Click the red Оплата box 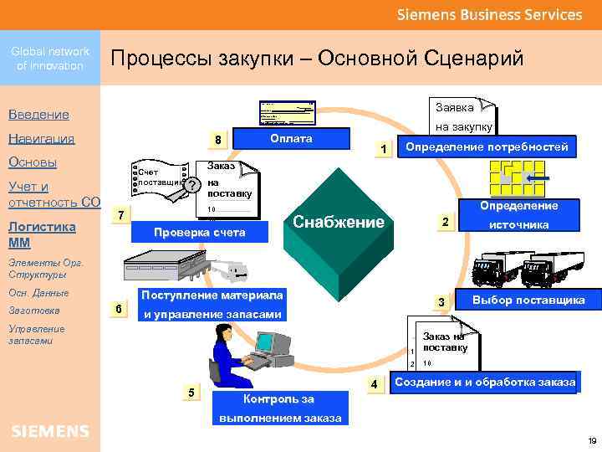point(291,138)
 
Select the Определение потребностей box point(487,147)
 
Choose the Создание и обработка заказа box point(485,382)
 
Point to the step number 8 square point(217,140)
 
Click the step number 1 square point(381,149)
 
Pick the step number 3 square point(441,300)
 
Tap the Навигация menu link point(41,138)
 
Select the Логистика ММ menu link point(41,234)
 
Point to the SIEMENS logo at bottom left point(50,431)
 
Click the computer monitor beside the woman point(271,343)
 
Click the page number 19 point(592,440)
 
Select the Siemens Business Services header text point(488,14)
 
